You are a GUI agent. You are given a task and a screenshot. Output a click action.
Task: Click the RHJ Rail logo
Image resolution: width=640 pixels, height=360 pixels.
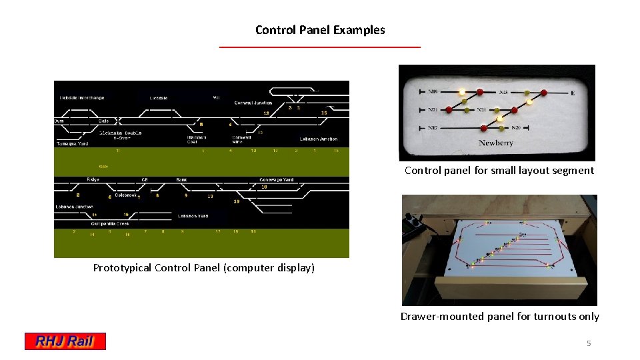65,341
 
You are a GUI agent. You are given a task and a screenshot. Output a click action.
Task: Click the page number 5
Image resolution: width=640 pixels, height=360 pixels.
589,343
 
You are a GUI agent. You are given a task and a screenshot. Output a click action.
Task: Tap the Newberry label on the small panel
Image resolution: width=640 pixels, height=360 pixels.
495,143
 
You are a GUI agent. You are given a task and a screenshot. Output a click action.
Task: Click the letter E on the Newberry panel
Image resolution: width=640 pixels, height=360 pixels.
573,93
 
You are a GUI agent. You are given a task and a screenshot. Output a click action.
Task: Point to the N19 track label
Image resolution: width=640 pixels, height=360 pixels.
433,92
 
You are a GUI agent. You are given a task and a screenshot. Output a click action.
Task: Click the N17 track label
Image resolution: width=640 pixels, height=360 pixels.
433,127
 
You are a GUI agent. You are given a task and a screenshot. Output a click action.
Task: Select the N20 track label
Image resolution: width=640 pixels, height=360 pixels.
516,127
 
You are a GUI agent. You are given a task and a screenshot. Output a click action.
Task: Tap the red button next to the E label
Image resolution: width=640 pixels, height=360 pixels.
544,93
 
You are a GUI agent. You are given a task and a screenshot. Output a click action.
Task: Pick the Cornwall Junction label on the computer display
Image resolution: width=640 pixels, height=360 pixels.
253,103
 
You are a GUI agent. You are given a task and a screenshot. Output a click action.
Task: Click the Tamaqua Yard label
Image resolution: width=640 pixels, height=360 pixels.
72,143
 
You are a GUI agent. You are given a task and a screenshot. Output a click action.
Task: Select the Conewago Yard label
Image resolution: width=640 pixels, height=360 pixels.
276,180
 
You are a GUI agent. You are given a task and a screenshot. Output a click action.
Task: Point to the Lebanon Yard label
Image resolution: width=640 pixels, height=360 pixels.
193,216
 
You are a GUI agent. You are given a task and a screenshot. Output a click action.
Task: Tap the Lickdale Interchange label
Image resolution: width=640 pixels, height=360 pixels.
82,98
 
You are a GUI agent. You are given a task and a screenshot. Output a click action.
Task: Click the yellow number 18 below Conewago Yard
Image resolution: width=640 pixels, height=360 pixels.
264,187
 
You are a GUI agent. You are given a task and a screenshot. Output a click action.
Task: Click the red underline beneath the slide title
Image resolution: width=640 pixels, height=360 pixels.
320,47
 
